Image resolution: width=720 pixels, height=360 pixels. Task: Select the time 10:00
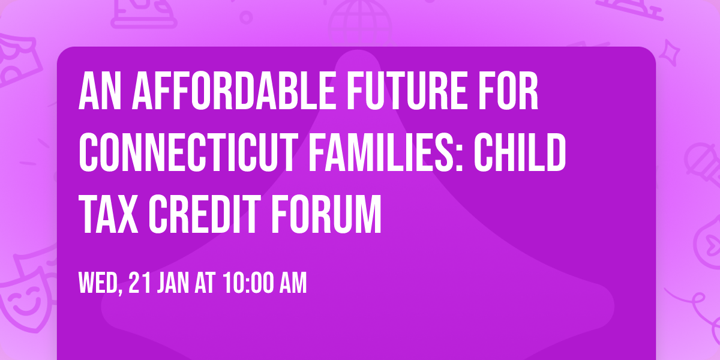pyautogui.click(x=246, y=283)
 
